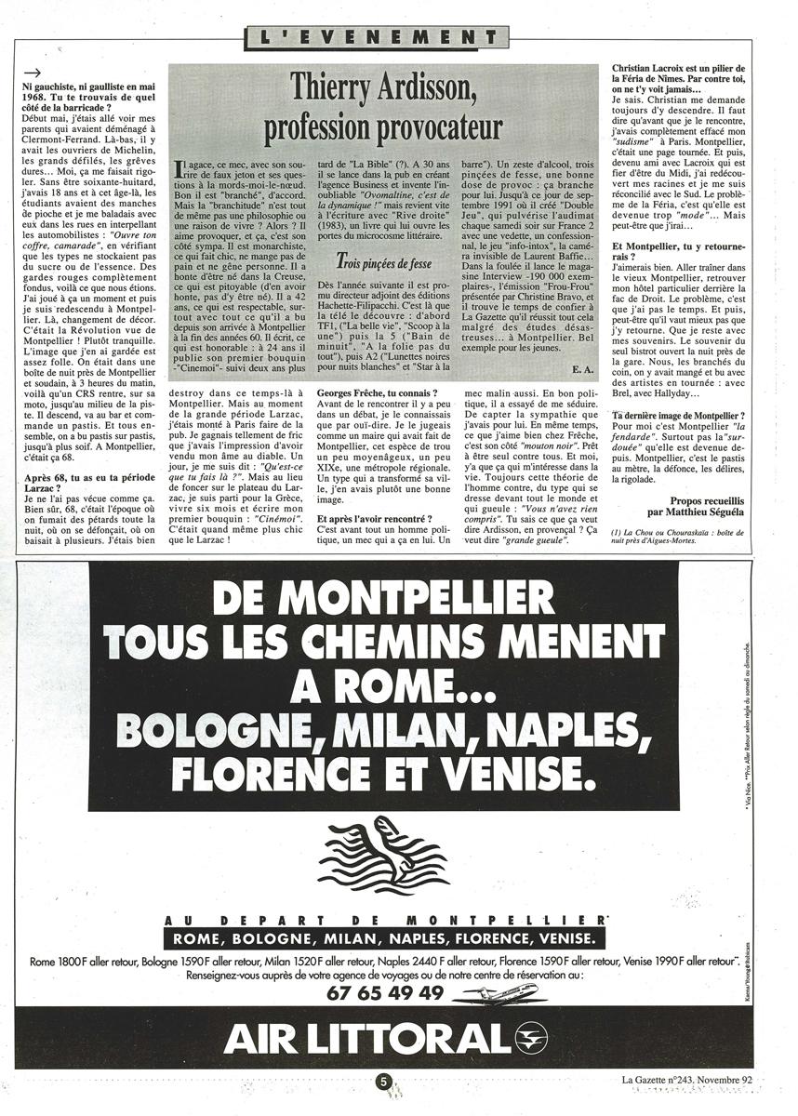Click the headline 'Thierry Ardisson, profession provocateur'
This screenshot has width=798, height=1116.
[384, 110]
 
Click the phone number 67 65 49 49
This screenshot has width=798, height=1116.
[385, 991]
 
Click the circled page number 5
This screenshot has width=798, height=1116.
[383, 1082]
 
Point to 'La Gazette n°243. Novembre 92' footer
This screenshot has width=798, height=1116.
[687, 1081]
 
